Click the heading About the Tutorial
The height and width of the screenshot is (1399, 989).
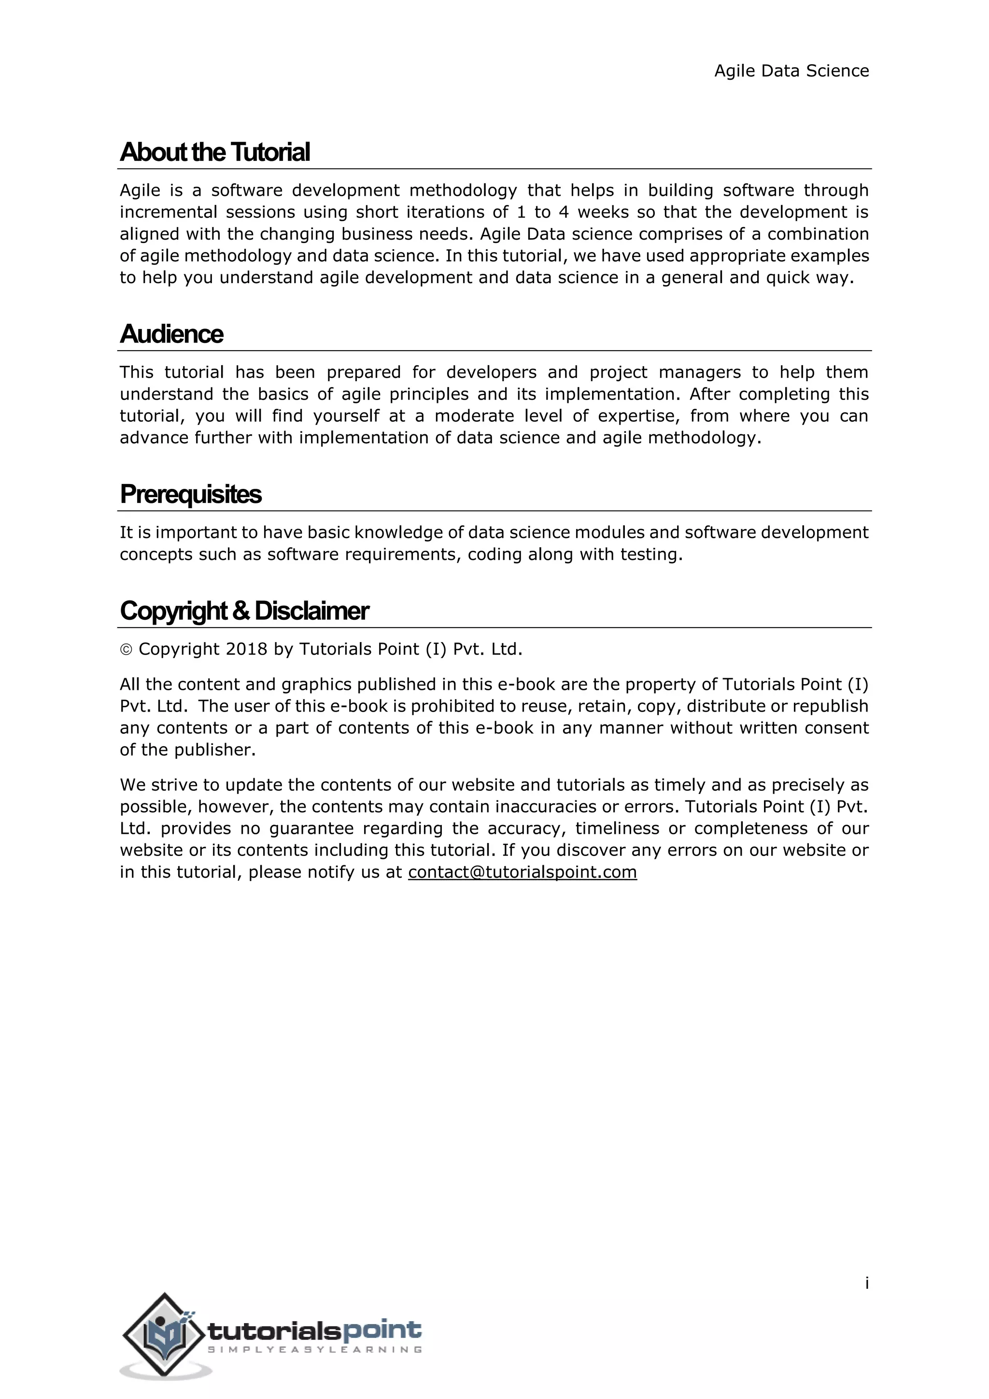coord(215,152)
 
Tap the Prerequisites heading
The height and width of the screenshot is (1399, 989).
coord(191,494)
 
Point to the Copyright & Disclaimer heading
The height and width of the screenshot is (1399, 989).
coord(244,611)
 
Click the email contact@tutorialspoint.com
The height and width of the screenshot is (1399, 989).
coord(522,872)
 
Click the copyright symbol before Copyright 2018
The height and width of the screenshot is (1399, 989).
coord(126,650)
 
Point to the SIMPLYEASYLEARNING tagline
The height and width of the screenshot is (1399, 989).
coord(314,1350)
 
